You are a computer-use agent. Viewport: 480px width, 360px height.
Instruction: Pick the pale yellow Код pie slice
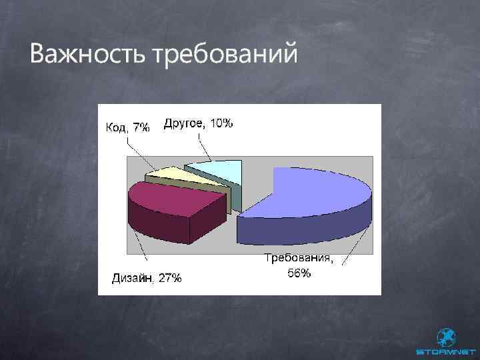(x=167, y=175)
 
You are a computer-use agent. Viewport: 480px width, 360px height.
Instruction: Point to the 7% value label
(x=141, y=127)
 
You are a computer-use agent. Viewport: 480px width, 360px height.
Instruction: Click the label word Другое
(x=185, y=123)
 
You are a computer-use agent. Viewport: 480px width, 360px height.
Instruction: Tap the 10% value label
(x=221, y=123)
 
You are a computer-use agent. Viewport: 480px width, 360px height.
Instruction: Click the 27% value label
(x=169, y=278)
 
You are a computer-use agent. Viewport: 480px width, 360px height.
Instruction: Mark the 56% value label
(x=299, y=273)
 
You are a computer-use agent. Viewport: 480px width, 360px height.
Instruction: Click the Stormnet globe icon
(x=445, y=337)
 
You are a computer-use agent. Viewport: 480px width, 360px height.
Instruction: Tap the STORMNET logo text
(x=445, y=351)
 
